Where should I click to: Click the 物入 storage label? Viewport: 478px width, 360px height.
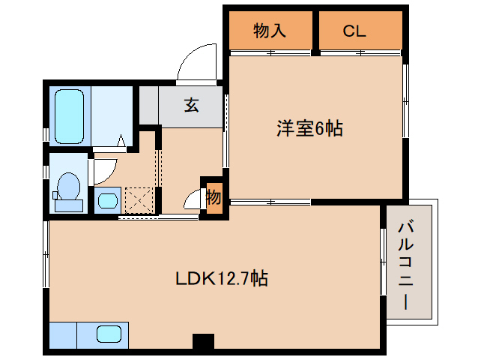coord(270,31)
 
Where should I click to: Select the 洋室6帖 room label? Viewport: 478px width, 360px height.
coord(309,128)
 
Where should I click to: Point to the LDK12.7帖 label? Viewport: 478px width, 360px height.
coord(222,279)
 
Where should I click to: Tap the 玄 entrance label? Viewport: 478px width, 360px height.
coord(192,105)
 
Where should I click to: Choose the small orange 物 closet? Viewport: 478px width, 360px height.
coord(214,197)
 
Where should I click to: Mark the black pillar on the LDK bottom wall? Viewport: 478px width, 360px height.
coord(203,342)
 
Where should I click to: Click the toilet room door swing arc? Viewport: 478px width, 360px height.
coord(100,170)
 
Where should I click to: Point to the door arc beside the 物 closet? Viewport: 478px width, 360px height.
coord(193,200)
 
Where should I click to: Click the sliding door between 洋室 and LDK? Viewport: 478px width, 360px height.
coord(270,202)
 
